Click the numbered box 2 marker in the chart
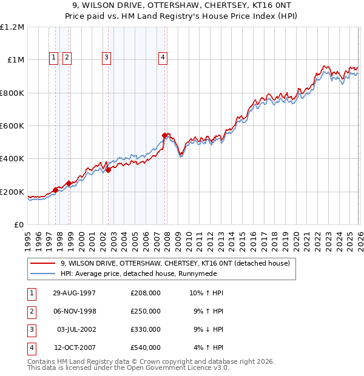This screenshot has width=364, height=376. point(67,58)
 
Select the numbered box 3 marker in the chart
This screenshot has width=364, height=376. point(106,58)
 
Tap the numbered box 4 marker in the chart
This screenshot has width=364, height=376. point(163,58)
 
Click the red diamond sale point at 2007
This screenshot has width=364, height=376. point(164,135)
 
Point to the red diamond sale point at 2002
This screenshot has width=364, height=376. point(108,170)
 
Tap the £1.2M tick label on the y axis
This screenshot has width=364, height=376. point(12,27)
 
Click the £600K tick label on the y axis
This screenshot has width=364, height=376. point(12,126)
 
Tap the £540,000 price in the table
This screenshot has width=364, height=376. point(146,347)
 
